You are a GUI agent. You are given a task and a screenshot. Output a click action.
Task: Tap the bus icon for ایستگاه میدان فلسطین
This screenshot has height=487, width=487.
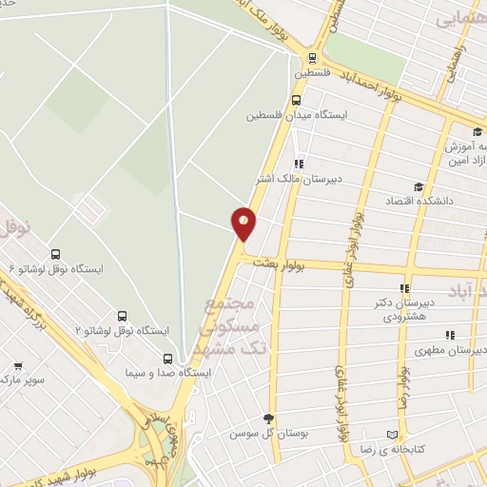point(296,100)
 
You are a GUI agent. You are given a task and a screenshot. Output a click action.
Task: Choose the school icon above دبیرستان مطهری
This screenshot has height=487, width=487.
point(450,336)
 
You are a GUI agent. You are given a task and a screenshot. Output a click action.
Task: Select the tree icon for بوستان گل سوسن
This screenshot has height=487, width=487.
point(269,419)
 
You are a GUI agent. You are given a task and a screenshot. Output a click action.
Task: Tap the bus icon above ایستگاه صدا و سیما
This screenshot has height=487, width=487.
point(168,359)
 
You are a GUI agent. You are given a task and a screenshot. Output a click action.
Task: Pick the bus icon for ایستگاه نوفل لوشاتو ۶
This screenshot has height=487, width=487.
point(55,254)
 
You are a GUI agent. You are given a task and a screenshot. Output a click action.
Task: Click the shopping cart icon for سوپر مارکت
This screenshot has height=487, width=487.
point(18,366)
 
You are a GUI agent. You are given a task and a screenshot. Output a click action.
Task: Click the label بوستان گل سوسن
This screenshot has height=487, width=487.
point(264,433)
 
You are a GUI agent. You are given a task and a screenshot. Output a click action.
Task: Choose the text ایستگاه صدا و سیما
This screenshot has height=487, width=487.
point(167,373)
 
